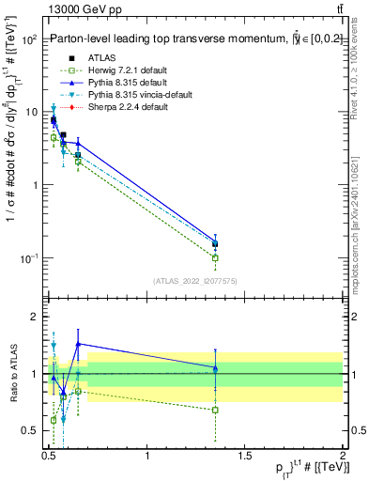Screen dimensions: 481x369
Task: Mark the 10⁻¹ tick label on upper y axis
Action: [26, 258]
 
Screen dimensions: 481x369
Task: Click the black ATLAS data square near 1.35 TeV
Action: [216, 244]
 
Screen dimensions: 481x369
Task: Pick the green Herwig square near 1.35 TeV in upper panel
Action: [216, 257]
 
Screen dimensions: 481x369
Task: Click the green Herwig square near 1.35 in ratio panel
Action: [216, 410]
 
